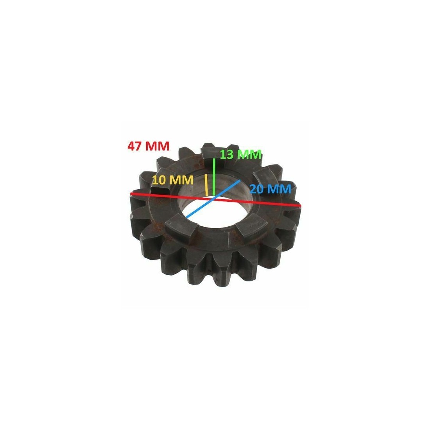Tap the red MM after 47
(x=157, y=146)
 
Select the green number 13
(x=227, y=154)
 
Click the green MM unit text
(x=249, y=154)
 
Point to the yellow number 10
(x=159, y=180)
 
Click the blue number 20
(x=257, y=189)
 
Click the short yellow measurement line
(x=206, y=185)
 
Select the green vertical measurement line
(x=214, y=177)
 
